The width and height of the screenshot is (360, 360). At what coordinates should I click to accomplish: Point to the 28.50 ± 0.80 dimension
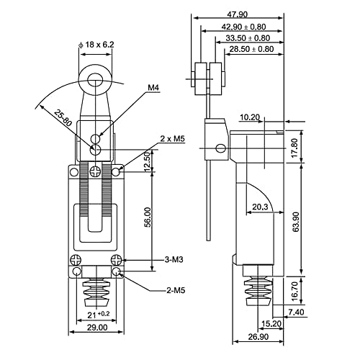251,50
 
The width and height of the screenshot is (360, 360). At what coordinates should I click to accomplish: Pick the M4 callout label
153,89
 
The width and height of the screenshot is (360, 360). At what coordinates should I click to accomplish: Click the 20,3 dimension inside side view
261,208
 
